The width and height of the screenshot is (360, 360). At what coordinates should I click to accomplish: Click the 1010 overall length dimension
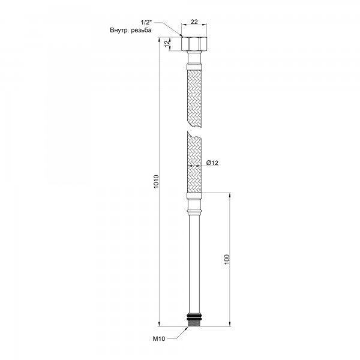point(157,182)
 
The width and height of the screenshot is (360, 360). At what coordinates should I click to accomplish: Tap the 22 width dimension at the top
point(194,22)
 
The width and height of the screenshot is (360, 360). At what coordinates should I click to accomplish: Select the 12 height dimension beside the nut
point(168,43)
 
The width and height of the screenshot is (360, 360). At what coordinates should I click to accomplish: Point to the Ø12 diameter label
point(212,163)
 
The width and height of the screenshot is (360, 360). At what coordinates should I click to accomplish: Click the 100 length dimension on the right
point(227,259)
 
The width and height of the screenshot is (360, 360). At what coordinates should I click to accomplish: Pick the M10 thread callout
point(159,338)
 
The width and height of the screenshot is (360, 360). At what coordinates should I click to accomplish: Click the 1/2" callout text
point(146,22)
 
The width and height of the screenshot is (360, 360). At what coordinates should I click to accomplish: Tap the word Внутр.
point(119,31)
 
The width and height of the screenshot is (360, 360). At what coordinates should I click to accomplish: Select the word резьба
point(141,31)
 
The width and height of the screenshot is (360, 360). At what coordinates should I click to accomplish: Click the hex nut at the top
point(194,44)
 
